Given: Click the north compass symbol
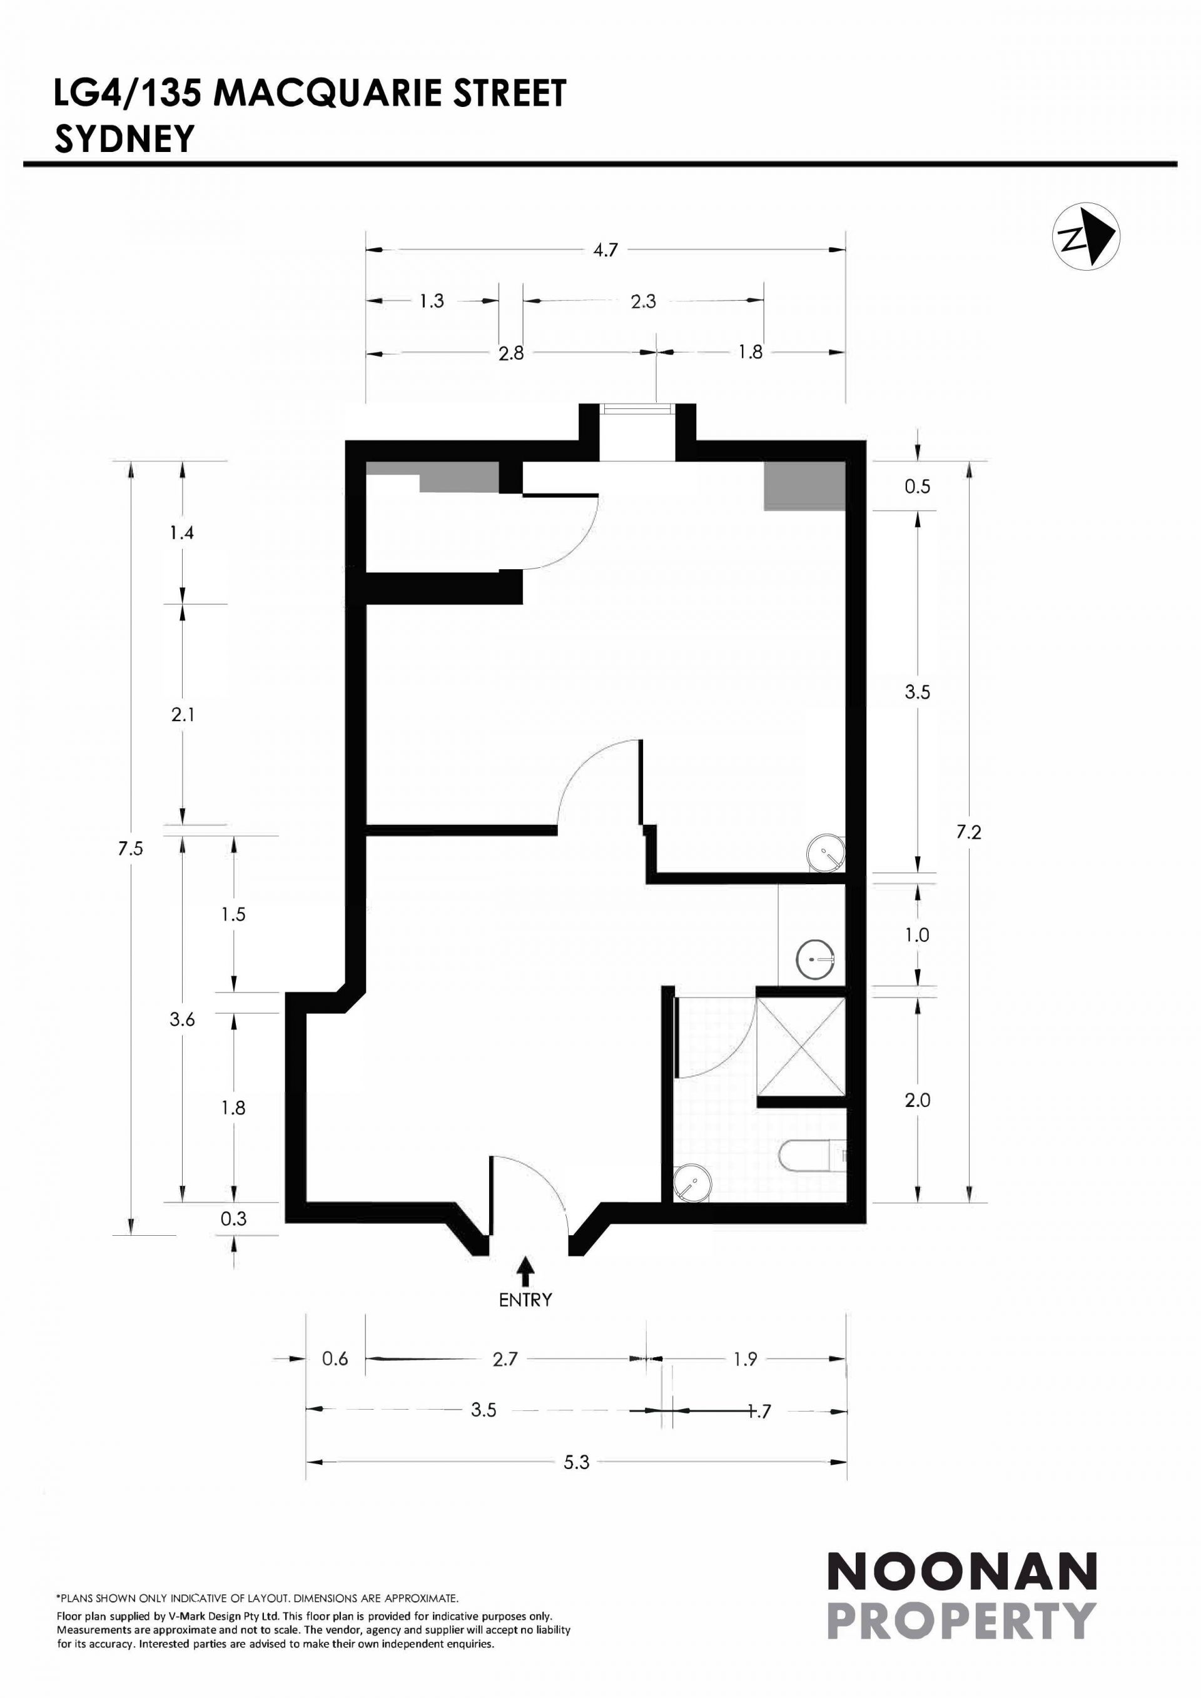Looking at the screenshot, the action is point(1086,236).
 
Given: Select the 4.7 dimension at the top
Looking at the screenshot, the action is point(605,250).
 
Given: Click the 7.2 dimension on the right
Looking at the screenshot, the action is point(969,832).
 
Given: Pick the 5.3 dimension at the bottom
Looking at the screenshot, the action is point(576,1462).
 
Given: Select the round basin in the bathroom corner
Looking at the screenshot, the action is point(692,1182).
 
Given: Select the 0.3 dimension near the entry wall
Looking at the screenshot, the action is point(234,1219).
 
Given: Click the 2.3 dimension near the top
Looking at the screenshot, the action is point(644,301).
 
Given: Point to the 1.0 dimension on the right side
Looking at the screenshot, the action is point(917,935).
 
